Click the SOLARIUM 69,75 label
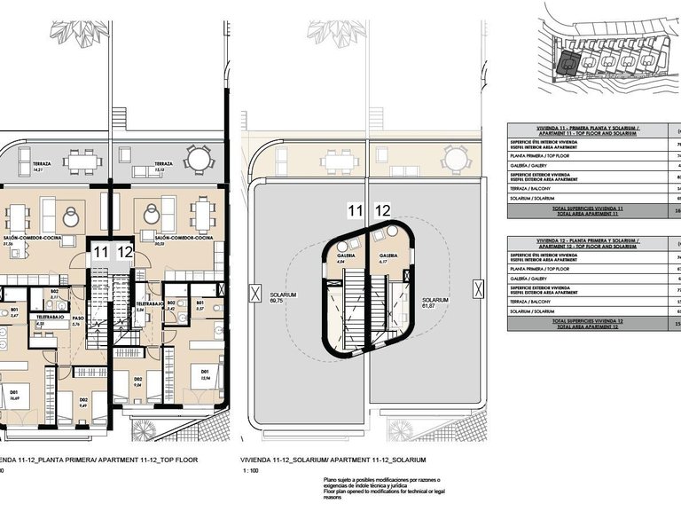pos(284,297)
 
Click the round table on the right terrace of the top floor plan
pos(197,160)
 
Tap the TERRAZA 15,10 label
pos(163,166)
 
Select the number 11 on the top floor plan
pos(101,253)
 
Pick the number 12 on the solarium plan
pos(383,210)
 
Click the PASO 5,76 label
pos(77,320)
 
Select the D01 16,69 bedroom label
pos(15,397)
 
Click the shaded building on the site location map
pos(565,61)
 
